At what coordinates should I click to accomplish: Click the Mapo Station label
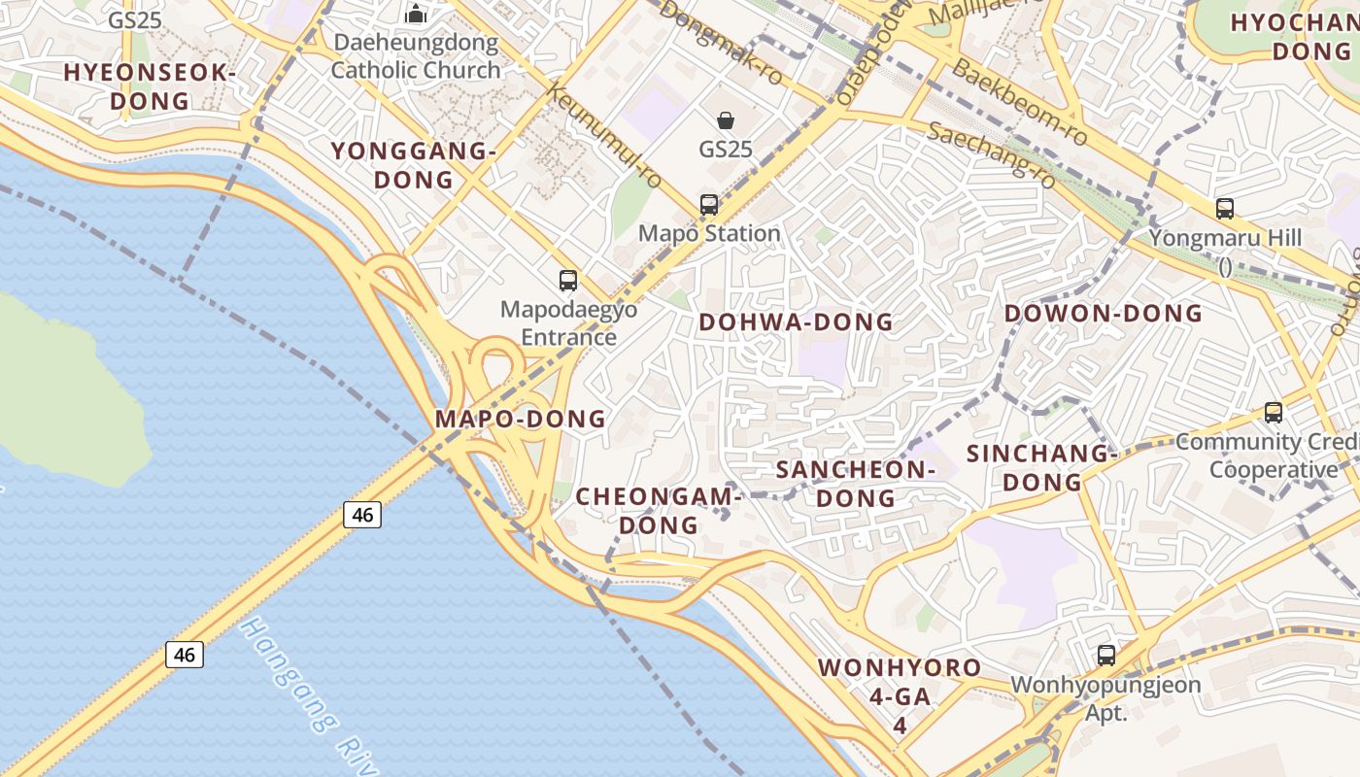point(709,234)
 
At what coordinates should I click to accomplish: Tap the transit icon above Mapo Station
point(709,205)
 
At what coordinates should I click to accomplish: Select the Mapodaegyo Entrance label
point(569,323)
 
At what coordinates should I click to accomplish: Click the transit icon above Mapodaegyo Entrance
point(568,281)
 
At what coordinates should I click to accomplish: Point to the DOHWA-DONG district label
point(796,322)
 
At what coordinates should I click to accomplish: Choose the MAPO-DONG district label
point(521,420)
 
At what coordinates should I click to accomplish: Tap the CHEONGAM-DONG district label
point(659,511)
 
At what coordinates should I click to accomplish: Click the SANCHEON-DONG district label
point(855,484)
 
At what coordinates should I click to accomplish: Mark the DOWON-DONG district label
point(1103,314)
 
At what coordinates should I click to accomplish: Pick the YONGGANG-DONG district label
point(414,165)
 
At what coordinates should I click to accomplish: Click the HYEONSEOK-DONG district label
point(150,86)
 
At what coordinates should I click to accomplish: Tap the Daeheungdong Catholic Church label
point(416,56)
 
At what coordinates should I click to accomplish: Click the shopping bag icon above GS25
point(726,120)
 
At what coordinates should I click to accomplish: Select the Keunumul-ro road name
point(604,136)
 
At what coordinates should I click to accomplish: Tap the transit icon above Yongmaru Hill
point(1225,208)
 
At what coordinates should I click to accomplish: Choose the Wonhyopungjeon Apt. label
point(1105,698)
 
